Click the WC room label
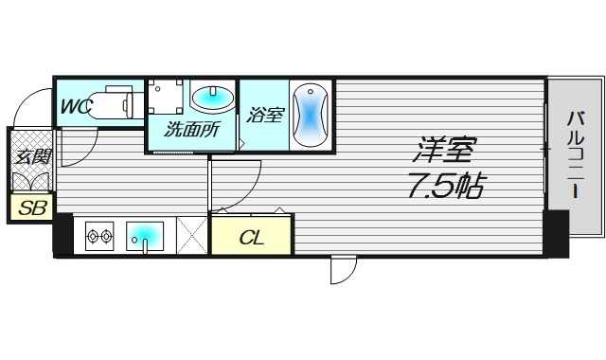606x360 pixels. [76, 107]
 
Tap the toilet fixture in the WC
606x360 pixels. [114, 101]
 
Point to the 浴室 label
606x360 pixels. [264, 116]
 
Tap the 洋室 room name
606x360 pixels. [444, 150]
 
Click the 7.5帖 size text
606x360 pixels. [445, 185]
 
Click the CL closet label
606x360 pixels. [251, 237]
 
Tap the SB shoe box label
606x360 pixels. [30, 207]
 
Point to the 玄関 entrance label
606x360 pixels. [31, 157]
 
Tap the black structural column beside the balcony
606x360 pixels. [555, 232]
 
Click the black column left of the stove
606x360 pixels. [62, 234]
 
